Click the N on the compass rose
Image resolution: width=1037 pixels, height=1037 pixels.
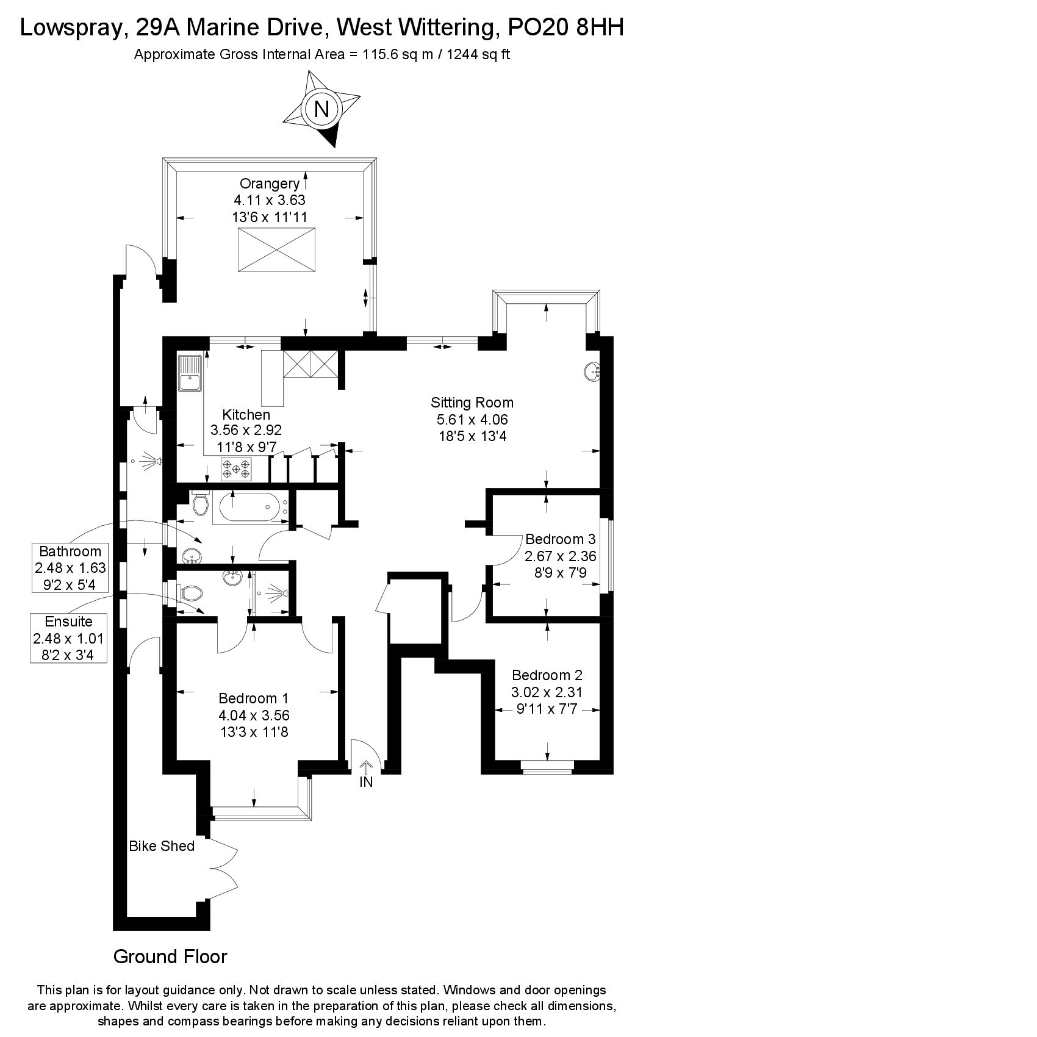pos(321,109)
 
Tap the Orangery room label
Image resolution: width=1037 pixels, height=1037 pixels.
pos(270,184)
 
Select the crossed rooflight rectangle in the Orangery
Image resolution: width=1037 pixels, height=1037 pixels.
pos(276,250)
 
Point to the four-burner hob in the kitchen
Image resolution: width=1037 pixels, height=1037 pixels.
pos(236,468)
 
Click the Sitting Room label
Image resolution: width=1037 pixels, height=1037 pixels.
pos(472,403)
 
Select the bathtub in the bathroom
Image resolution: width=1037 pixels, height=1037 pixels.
pos(250,507)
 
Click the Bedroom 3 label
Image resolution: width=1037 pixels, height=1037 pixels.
pos(560,539)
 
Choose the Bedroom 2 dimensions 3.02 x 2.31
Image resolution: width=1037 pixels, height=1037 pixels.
pos(547,692)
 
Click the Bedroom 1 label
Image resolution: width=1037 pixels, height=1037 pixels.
pos(254,698)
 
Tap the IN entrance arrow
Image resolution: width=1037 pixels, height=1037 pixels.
pos(366,767)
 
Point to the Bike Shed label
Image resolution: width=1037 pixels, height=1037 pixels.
pos(162,846)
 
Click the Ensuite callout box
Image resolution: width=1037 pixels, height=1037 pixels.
pos(69,639)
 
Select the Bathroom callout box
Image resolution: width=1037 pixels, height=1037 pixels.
pos(70,568)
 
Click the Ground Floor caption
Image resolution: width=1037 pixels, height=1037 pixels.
pos(170,956)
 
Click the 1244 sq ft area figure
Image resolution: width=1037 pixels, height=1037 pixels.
pos(479,54)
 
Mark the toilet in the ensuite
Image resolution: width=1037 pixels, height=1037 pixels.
pos(190,593)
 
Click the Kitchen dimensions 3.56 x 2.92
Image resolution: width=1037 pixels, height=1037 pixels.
pos(246,430)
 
